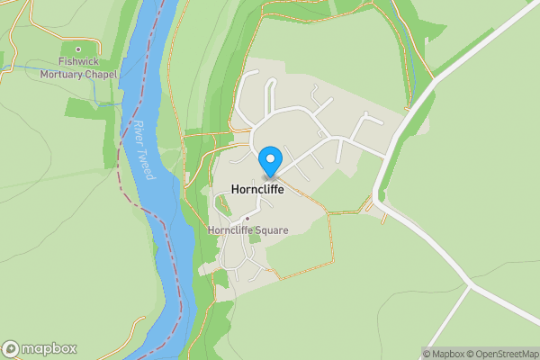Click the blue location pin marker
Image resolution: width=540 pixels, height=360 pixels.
[x=269, y=162]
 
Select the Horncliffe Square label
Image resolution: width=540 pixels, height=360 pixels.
[x=247, y=230]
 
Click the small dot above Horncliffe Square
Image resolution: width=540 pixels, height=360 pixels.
[x=247, y=219]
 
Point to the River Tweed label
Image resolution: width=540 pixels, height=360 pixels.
[x=142, y=150]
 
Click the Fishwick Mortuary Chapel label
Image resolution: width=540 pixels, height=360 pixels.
[x=79, y=67]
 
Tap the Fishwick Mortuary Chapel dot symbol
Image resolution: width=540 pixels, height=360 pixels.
[x=78, y=49]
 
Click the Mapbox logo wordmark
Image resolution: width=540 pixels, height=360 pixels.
[x=49, y=348]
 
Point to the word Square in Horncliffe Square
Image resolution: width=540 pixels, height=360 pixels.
[x=272, y=230]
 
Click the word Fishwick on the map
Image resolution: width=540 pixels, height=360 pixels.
[x=79, y=61]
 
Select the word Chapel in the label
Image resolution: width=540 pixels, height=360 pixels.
[x=101, y=74]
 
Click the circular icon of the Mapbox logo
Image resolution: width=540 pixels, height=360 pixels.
[x=12, y=348]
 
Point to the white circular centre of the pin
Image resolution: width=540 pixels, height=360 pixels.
[x=269, y=158]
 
